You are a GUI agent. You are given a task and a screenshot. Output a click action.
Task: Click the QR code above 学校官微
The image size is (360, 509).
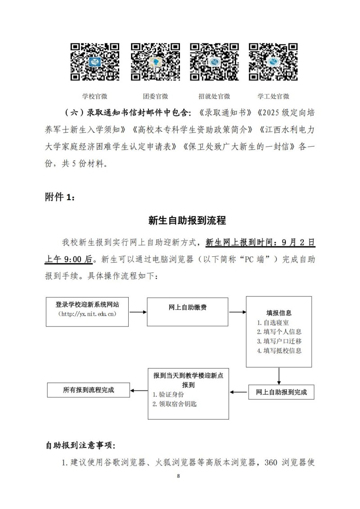(x=94, y=62)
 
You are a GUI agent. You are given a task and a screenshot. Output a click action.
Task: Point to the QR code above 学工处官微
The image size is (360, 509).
(x=273, y=62)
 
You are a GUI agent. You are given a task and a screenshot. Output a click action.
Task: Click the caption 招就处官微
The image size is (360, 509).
(x=214, y=96)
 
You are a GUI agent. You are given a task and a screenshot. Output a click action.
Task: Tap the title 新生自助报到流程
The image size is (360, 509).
(x=187, y=221)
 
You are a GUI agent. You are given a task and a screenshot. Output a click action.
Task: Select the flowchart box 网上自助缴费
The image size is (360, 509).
(x=188, y=308)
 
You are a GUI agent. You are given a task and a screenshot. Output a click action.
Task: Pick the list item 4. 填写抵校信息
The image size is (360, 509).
(x=279, y=351)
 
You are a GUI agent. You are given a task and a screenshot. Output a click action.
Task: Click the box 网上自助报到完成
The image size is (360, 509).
(x=281, y=392)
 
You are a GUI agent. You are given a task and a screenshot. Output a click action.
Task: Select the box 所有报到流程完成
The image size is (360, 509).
(x=89, y=390)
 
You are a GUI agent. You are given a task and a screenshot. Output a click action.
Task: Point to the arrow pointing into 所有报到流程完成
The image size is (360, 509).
(x=139, y=390)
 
